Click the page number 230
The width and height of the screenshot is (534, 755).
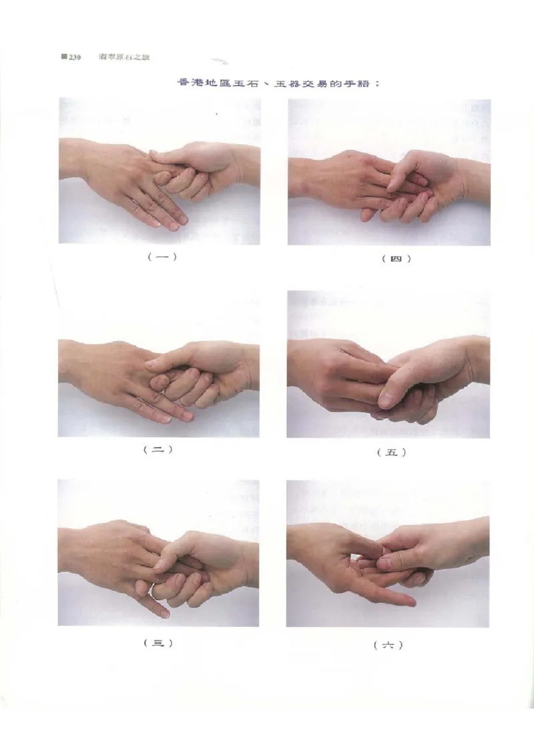click(75, 57)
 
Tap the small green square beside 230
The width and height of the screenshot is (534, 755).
click(63, 57)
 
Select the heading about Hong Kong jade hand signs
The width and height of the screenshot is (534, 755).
click(279, 83)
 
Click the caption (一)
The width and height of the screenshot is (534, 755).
click(162, 257)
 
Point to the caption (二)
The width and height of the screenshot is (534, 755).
click(158, 450)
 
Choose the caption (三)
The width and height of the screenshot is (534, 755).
click(158, 642)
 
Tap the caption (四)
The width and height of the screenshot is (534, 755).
click(396, 259)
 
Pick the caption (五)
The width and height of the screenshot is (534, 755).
click(391, 452)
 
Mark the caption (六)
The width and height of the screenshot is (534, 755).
click(388, 645)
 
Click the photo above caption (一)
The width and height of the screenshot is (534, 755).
click(160, 171)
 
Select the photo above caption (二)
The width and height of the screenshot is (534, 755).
click(159, 364)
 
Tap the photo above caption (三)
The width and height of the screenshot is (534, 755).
click(158, 553)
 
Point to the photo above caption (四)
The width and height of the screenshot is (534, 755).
click(389, 172)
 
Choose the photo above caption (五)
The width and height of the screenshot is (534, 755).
click(388, 364)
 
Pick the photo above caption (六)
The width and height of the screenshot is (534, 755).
click(388, 554)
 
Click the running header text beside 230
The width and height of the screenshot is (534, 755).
click(124, 57)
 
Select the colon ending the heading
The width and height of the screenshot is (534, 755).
click(377, 84)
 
